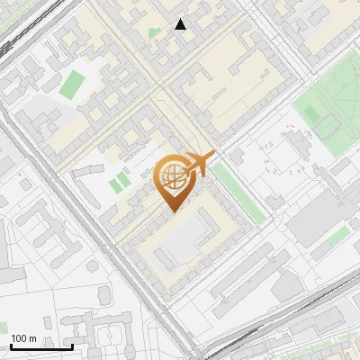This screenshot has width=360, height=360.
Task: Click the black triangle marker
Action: [181, 24]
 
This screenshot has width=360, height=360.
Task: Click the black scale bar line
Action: [41, 346]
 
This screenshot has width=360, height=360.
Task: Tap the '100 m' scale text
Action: [24, 338]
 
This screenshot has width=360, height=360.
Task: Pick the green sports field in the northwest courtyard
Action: [71, 85]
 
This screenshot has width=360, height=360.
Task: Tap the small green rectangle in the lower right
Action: [338, 236]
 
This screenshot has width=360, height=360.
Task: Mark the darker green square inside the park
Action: [311, 112]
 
